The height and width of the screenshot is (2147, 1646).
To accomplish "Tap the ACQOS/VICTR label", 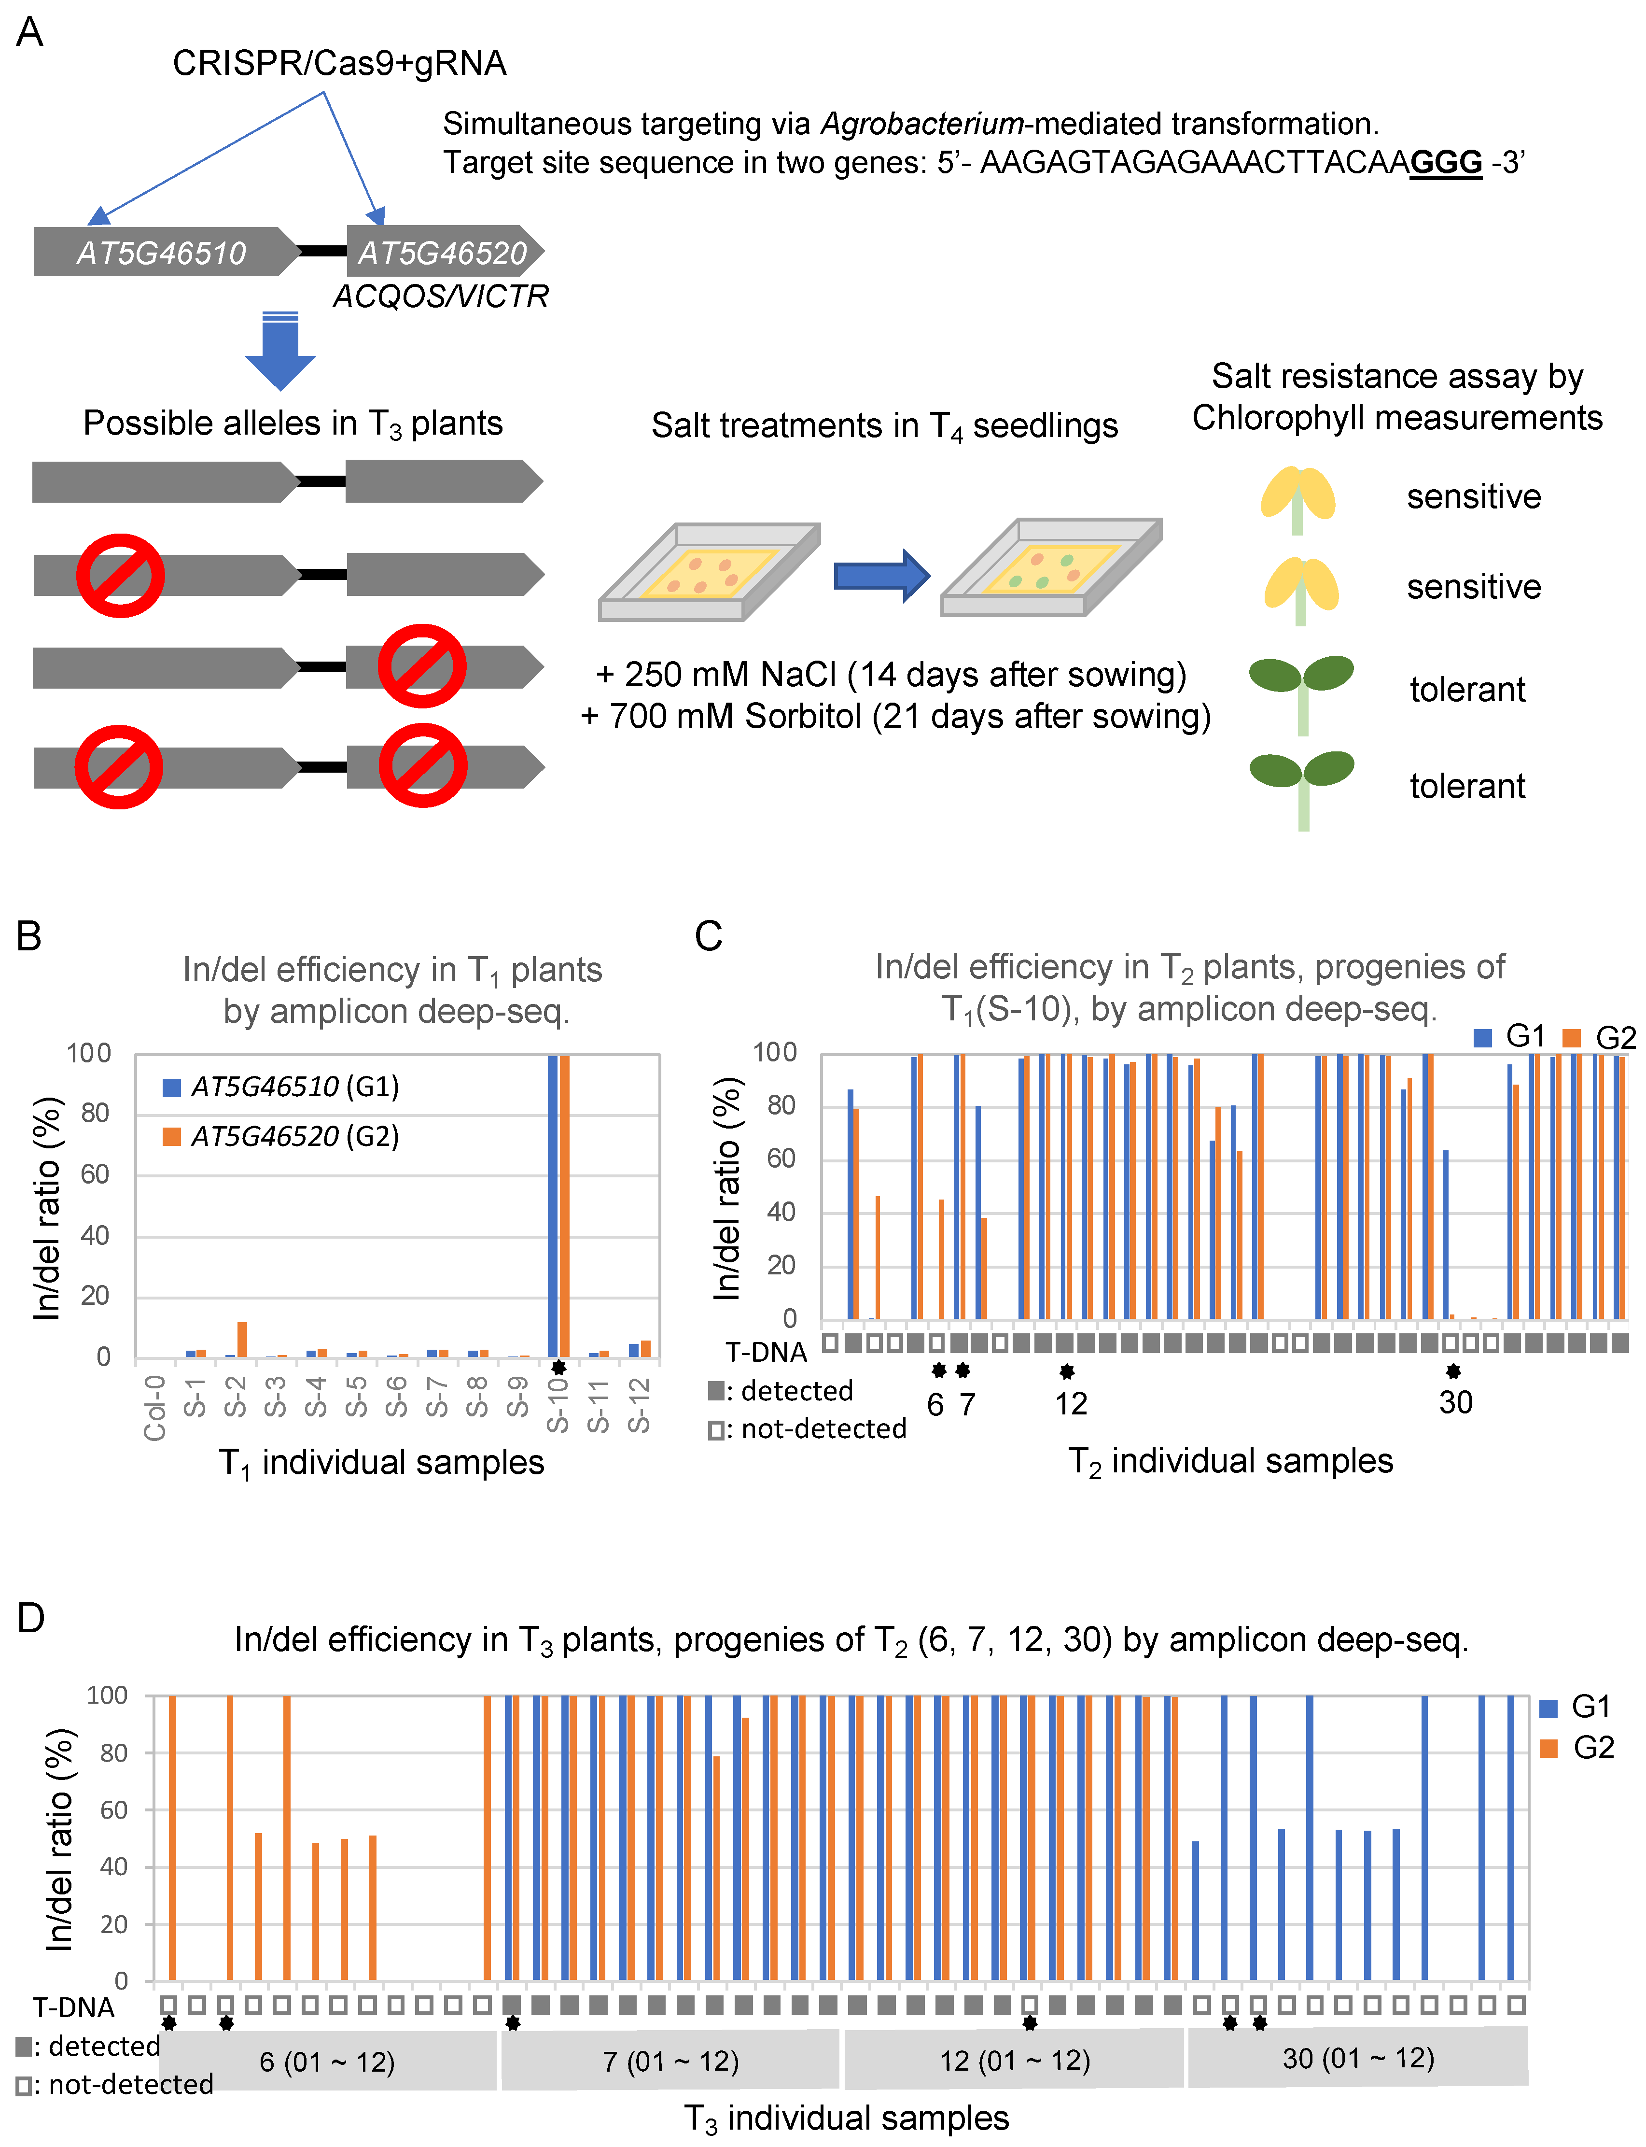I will (x=441, y=296).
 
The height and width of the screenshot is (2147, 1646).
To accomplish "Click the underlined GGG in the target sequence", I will (x=1445, y=162).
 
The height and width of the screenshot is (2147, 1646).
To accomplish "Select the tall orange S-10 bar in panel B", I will (x=564, y=1205).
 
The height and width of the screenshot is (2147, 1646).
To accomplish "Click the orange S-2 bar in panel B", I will (x=242, y=1340).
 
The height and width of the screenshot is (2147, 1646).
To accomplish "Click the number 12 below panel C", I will (x=1071, y=1403).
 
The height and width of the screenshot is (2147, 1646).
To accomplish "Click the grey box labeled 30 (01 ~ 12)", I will (x=1358, y=2058).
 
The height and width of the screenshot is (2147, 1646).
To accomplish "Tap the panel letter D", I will (x=31, y=1618).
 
